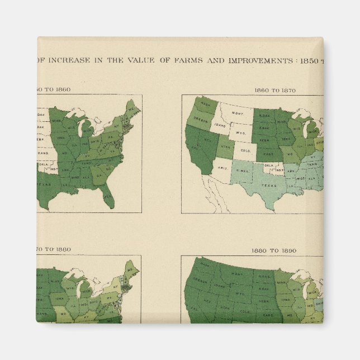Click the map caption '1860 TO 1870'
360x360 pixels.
(275, 89)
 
